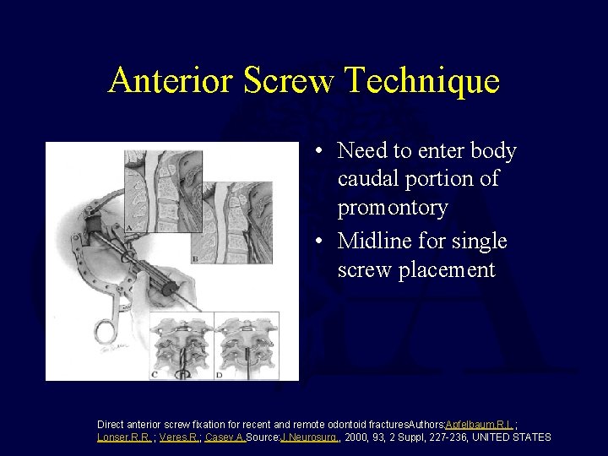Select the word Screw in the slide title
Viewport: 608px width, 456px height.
[x=288, y=81]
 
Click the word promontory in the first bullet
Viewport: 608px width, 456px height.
[x=393, y=206]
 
